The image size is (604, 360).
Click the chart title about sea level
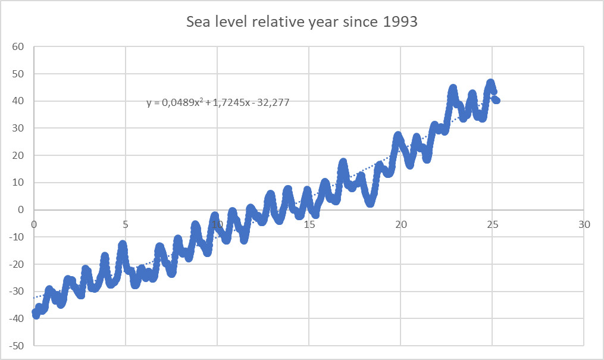302,23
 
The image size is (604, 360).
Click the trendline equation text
218,103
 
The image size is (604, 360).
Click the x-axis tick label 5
126,225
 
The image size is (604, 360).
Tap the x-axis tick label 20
400,225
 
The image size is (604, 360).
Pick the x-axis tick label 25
492,225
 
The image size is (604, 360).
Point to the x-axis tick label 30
584,225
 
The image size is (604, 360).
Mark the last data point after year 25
496,101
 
